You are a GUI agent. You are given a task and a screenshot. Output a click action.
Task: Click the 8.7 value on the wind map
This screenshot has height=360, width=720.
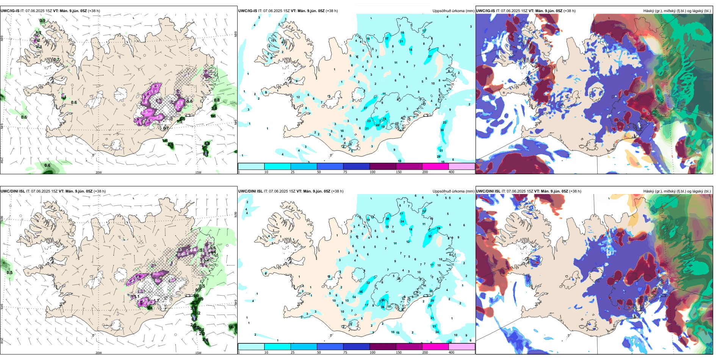205,154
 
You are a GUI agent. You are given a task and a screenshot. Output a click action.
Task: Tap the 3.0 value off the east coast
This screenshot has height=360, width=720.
214,108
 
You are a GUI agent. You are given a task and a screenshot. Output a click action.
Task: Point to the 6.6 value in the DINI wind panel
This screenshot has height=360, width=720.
194,319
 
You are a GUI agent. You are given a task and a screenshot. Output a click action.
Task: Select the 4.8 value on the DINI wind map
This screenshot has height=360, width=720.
205,340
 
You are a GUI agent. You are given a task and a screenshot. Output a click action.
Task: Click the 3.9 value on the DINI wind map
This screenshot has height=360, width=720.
193,308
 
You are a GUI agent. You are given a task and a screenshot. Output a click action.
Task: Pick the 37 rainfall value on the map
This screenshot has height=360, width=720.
387,39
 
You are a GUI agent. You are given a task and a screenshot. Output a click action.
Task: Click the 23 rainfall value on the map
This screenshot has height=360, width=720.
369,121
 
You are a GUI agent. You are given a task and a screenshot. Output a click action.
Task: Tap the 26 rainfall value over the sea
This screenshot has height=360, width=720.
438,157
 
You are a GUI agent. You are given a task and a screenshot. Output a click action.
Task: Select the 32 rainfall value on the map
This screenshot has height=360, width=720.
430,236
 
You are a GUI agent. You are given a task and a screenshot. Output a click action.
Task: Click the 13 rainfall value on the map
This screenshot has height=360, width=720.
347,301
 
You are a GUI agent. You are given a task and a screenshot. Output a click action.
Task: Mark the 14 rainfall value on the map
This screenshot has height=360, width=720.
354,297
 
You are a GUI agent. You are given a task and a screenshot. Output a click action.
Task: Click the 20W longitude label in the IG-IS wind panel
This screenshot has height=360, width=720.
99,172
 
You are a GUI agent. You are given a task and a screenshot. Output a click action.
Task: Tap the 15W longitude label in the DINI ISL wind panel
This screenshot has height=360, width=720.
198,353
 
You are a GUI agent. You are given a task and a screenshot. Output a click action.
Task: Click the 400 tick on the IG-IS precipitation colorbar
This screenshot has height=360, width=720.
451,172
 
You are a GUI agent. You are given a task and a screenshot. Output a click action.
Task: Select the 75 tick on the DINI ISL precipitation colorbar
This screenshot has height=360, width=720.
345,352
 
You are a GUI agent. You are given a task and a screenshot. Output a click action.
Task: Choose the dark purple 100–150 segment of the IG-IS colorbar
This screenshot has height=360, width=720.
383,166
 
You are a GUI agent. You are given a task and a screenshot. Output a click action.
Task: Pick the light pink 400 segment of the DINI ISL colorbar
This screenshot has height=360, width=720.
462,347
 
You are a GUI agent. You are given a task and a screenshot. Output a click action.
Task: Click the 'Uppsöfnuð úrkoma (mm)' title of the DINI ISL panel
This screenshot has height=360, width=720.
453,191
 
